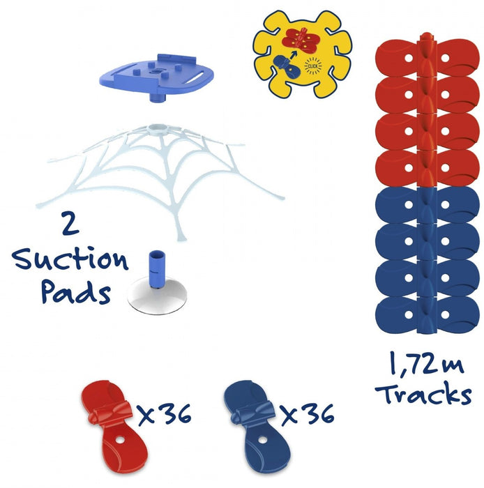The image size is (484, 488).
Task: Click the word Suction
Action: coord(70,259)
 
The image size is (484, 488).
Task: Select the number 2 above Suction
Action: coord(70,223)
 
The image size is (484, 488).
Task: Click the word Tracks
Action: coord(423,393)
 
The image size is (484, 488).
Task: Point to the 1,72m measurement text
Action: coord(426,363)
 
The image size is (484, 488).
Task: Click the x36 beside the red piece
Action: coord(165,414)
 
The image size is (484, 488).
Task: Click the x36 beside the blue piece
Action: coord(308,414)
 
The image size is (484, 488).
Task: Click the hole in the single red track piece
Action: coord(120,440)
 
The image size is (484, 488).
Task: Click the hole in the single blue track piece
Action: coord(263,440)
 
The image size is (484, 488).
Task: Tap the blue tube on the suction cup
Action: coord(156,268)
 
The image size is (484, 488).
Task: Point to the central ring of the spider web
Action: coord(158,128)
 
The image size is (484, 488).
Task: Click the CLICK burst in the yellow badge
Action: coord(313,66)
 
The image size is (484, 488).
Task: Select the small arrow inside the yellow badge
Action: coord(293,55)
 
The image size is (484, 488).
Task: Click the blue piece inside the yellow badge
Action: coord(287,66)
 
